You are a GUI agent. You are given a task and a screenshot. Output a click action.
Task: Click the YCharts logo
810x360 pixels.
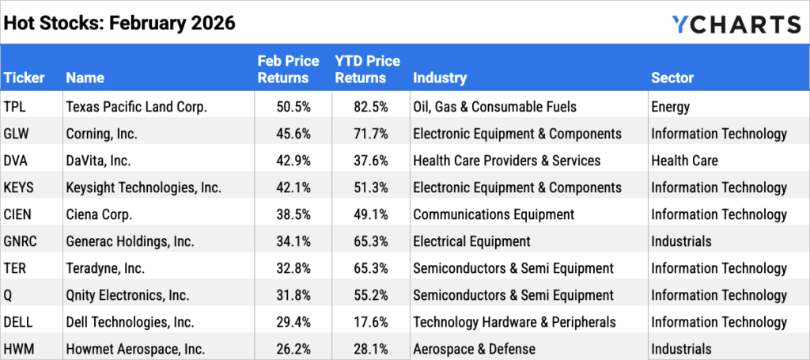(x=735, y=23)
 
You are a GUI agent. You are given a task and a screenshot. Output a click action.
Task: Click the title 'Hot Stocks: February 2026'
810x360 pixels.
(x=119, y=23)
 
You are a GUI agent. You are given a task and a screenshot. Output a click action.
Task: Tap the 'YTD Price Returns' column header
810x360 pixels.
(x=367, y=70)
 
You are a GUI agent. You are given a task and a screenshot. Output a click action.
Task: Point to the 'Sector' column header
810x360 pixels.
(x=672, y=78)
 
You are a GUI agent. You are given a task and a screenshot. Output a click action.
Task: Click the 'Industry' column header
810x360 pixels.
(x=439, y=78)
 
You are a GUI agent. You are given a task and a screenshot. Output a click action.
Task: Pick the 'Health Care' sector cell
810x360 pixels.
(x=684, y=161)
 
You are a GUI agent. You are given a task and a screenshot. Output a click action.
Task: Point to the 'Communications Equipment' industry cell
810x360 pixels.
(x=493, y=214)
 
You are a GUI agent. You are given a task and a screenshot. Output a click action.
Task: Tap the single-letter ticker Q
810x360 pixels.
(x=9, y=295)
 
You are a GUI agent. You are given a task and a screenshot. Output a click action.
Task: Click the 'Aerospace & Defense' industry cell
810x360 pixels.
(x=474, y=349)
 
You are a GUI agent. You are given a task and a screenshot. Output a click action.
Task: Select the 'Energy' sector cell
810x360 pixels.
(x=670, y=107)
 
